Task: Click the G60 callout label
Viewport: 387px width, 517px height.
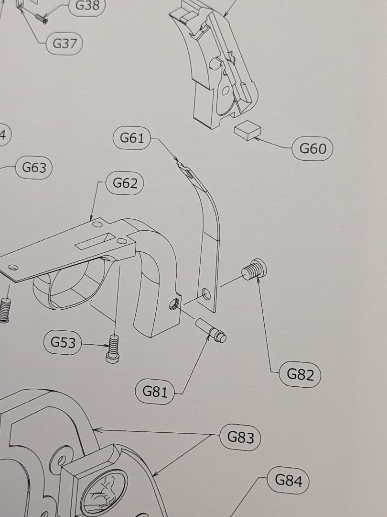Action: point(312,149)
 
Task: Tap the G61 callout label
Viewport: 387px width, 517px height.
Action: point(132,139)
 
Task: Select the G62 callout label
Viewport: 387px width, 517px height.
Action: point(125,183)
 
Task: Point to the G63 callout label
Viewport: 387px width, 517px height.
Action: point(34,168)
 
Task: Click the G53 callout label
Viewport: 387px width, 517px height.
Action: point(63,343)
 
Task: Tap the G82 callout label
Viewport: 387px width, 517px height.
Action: point(300,374)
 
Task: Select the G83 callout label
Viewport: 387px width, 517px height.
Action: point(240,437)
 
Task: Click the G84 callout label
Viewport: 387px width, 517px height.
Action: point(289,480)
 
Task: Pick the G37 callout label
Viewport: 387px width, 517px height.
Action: point(64,44)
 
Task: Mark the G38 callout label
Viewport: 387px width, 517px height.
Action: point(87,6)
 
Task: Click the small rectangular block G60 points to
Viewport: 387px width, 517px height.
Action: point(247,130)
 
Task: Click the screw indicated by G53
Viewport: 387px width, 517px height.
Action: point(113,349)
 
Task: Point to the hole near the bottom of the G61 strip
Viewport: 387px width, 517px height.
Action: point(206,293)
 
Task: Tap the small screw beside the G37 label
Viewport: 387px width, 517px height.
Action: point(41,19)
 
